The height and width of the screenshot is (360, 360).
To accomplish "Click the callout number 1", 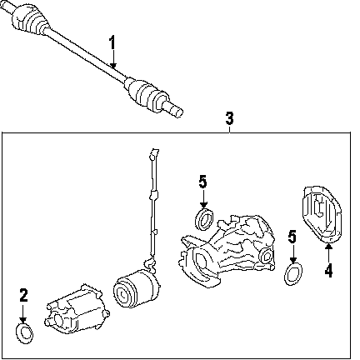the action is pos(112,43).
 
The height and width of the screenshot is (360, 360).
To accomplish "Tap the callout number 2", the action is pos(23,295).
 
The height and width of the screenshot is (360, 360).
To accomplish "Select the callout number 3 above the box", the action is pos(229,118).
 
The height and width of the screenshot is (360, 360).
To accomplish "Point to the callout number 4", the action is pos(328,271).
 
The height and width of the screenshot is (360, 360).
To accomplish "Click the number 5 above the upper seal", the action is pos(203,182).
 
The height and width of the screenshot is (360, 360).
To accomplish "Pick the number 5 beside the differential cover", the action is pos(292,237).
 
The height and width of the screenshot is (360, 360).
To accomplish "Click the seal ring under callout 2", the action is pos(24,332).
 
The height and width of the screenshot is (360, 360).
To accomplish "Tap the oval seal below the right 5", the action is pos(293,274).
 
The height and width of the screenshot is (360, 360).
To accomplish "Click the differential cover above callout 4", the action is pos(322,214).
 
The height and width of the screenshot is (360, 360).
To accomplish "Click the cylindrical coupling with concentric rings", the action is pos(136,289).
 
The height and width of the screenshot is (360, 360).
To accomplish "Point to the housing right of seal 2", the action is pos(77,309).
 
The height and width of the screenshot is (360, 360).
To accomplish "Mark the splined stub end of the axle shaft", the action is pos(173,109).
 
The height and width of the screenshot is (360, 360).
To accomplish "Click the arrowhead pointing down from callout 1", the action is pos(112,65).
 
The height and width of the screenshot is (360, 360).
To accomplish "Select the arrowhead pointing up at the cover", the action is pos(328,246).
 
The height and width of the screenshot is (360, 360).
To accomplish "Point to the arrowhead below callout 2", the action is pos(23,319).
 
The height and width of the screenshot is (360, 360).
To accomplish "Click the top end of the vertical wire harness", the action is pos(154,151).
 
